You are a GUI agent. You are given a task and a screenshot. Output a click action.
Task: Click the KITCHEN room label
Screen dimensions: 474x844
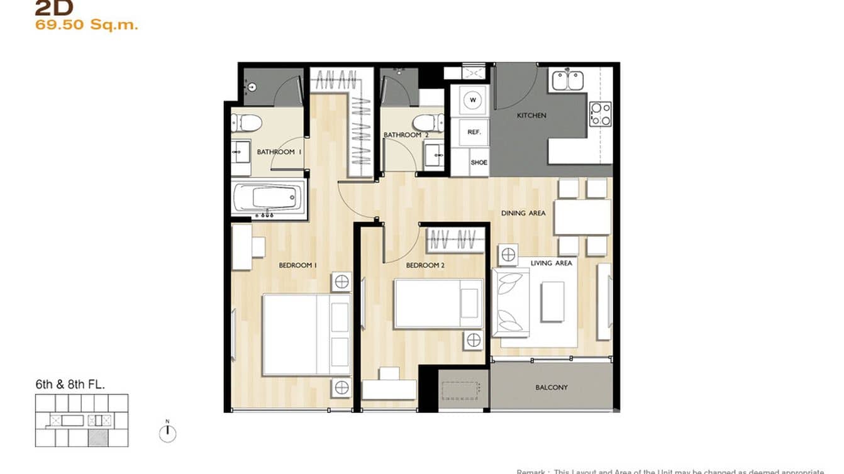(531, 116)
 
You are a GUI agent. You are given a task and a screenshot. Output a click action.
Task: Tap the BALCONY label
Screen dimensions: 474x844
(552, 388)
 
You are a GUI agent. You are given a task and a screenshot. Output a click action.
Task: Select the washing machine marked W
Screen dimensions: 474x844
(473, 100)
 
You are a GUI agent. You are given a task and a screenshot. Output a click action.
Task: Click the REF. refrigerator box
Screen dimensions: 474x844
(474, 133)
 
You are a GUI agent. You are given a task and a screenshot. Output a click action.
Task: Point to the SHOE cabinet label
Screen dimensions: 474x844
(479, 163)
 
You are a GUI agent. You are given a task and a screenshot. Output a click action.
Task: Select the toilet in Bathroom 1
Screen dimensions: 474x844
(247, 123)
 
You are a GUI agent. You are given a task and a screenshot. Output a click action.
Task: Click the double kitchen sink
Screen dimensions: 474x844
(567, 80)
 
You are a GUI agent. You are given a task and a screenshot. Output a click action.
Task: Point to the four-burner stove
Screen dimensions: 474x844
(600, 114)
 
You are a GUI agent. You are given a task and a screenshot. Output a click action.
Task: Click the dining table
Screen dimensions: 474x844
(582, 217)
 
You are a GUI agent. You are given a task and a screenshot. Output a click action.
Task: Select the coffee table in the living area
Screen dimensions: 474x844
(553, 302)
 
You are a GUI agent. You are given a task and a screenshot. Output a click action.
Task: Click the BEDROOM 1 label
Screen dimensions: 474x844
(297, 266)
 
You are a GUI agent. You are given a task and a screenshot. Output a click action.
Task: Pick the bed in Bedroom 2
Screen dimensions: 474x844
(438, 304)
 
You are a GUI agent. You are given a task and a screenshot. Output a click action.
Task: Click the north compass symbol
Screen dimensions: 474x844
(167, 433)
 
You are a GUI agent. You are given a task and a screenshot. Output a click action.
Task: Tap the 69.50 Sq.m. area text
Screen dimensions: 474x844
(87, 26)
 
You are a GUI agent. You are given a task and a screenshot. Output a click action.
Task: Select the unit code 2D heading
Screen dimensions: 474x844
(54, 8)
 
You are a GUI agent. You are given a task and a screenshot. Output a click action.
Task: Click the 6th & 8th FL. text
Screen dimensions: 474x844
(70, 384)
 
